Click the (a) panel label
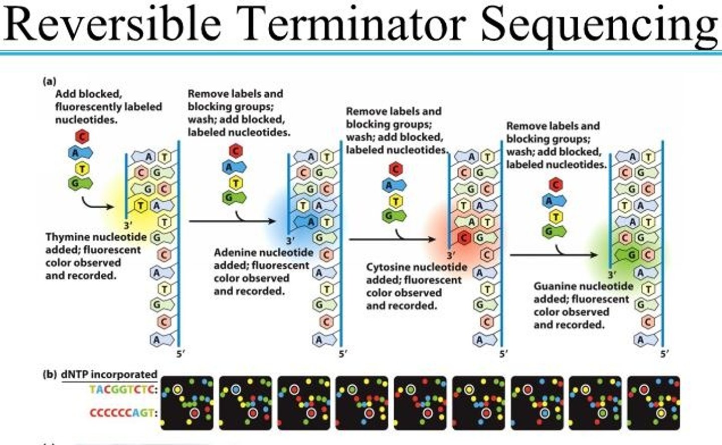(x=49, y=81)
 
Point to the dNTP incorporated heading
(x=109, y=374)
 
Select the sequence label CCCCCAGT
(x=123, y=413)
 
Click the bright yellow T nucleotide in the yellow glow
(x=140, y=206)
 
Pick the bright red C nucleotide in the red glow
(x=463, y=238)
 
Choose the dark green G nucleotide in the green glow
(x=627, y=255)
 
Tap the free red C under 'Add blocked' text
(x=82, y=137)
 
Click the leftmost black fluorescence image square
(x=187, y=403)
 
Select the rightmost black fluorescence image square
(x=653, y=403)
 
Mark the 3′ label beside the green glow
(x=612, y=275)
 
